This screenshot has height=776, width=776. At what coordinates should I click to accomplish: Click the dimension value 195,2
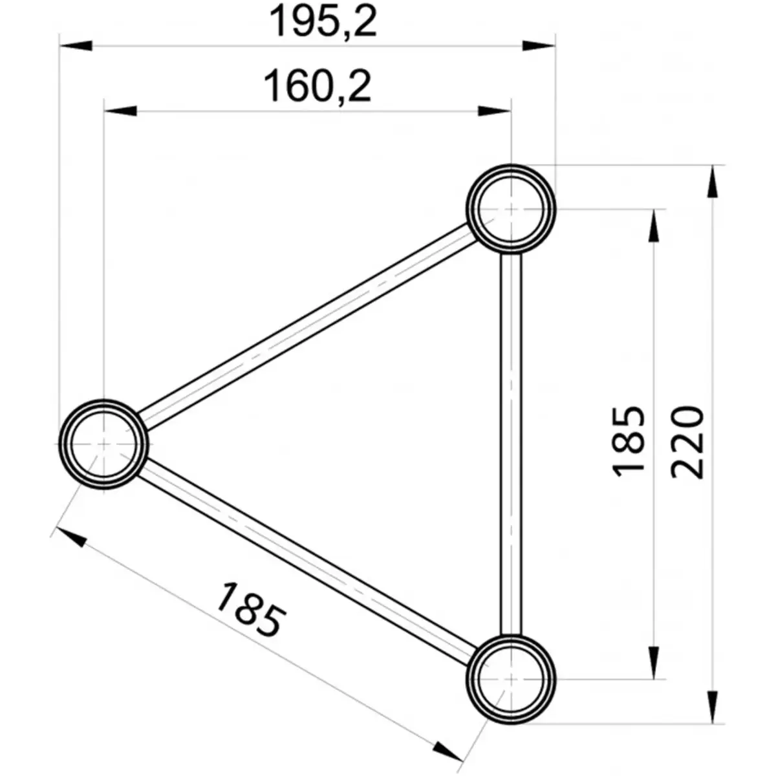tap(323, 21)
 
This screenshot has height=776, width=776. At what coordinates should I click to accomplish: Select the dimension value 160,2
tap(318, 87)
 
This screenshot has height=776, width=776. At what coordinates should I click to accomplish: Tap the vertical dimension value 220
tap(687, 442)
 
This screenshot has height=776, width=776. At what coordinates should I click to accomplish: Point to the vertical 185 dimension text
tap(629, 442)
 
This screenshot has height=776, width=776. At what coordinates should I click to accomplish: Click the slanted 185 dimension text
tap(250, 610)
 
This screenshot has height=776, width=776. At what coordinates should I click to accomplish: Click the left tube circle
tap(103, 444)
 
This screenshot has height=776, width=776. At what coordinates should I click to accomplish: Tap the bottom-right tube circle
tap(511, 679)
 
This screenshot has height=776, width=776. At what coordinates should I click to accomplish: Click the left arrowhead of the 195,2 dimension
tap(74, 46)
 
